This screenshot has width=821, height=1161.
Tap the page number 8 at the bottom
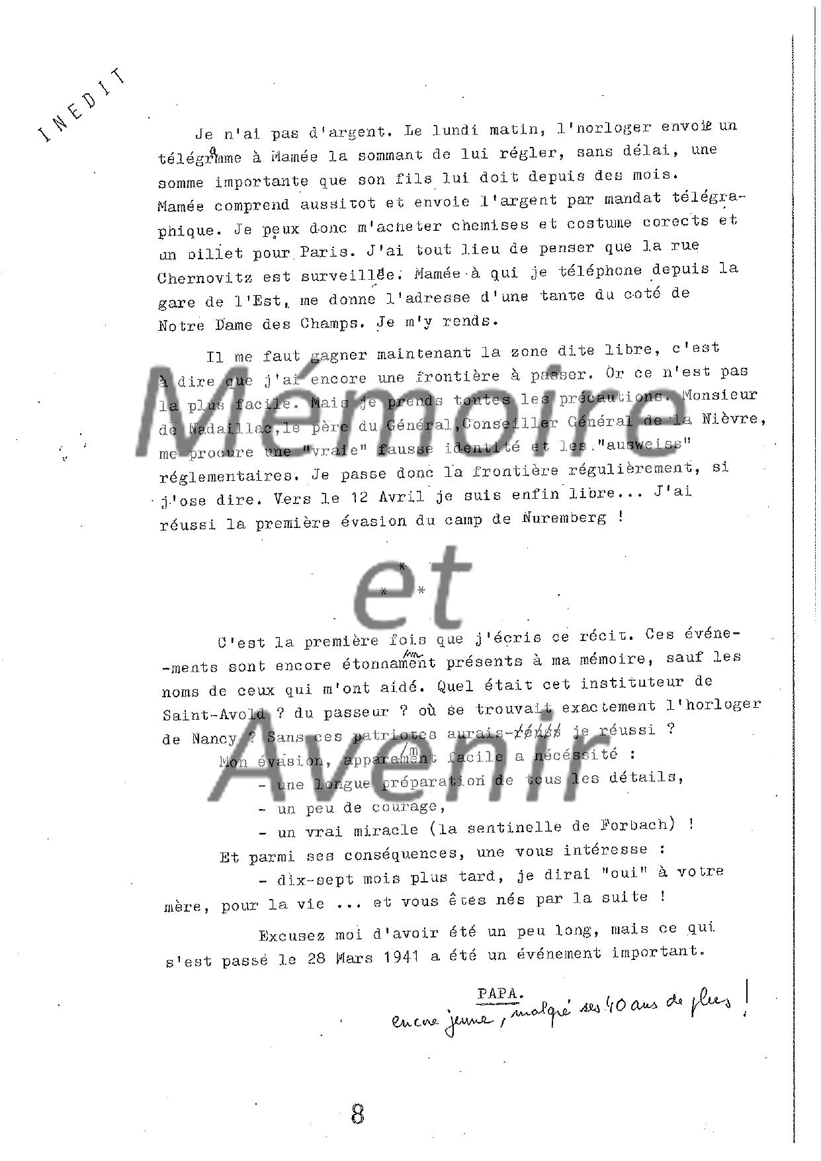click(358, 1114)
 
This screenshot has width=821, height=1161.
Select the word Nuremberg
click(564, 519)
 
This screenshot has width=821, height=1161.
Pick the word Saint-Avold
click(214, 714)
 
